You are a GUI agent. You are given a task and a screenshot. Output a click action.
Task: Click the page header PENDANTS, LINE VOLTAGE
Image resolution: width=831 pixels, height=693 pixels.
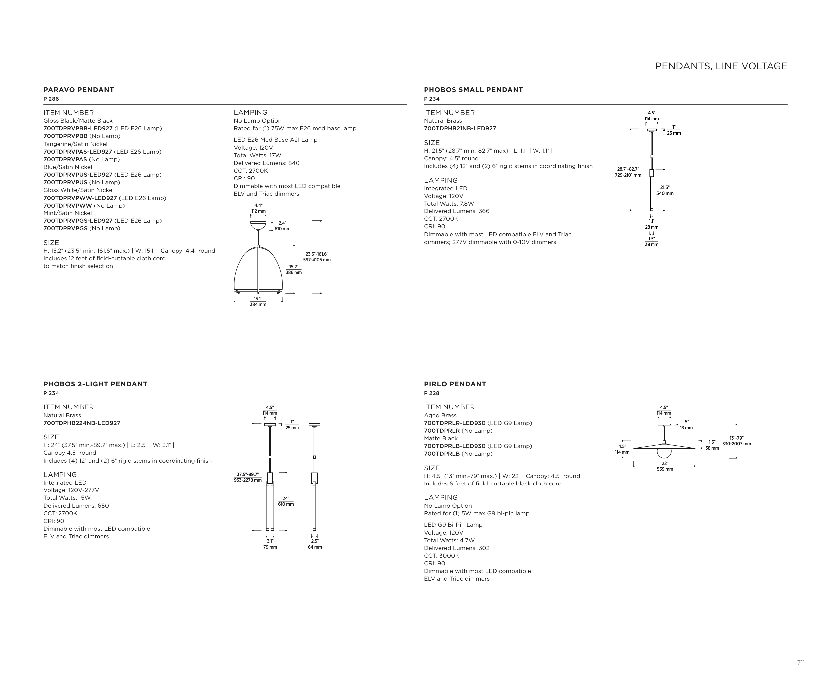[x=721, y=66]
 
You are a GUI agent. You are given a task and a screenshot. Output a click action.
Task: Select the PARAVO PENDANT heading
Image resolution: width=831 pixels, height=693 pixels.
[x=79, y=90]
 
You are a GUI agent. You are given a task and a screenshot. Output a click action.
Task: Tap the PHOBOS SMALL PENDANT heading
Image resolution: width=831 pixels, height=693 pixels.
[x=473, y=90]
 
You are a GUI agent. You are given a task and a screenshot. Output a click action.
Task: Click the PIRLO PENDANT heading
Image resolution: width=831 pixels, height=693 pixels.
[x=455, y=384]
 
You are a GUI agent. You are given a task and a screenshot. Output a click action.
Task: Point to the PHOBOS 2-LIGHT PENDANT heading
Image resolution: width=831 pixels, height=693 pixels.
[x=95, y=384]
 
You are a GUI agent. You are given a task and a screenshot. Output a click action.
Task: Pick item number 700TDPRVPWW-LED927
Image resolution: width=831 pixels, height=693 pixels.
[x=80, y=198]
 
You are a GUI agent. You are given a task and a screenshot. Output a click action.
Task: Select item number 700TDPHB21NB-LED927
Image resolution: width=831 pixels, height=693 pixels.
[x=460, y=129]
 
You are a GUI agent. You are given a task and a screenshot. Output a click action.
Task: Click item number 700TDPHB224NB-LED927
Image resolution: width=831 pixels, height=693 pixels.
[x=82, y=423]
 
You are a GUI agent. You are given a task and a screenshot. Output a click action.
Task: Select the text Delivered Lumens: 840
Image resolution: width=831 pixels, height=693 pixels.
[x=266, y=163]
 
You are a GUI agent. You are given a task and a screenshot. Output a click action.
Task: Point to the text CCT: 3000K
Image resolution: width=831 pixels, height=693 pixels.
[x=442, y=556]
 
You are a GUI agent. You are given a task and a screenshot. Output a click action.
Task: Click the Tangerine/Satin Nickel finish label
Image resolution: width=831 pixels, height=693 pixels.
[x=75, y=144]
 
